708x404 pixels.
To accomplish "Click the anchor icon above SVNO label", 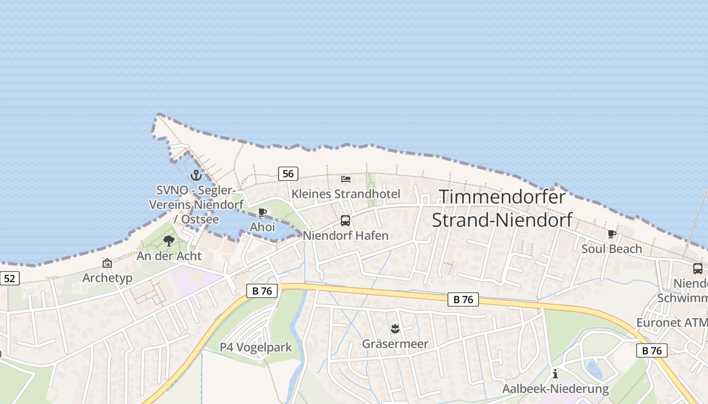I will click(196, 175).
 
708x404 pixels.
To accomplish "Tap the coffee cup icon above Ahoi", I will click(262, 212).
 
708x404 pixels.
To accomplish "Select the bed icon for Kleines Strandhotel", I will click(346, 179).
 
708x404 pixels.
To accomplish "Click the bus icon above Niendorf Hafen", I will click(345, 221).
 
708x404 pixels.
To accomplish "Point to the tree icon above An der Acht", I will click(169, 240).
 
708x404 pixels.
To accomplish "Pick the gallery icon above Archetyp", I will click(107, 263).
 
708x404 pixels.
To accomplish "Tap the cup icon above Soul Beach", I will click(611, 234).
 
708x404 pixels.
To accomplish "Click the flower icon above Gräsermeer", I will click(395, 329).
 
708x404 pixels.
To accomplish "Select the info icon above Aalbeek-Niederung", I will click(555, 374).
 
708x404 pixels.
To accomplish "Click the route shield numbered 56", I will click(288, 174).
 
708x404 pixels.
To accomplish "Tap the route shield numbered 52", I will click(9, 278).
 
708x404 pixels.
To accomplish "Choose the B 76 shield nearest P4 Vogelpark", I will click(262, 290).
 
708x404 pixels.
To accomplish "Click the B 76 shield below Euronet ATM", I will click(652, 350).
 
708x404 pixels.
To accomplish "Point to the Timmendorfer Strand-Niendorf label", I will click(502, 208).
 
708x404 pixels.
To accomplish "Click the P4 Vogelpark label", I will click(256, 347).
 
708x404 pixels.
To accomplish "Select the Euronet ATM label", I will click(672, 323).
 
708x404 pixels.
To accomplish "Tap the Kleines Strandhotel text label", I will click(346, 194).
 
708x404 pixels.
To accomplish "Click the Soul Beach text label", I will click(611, 249).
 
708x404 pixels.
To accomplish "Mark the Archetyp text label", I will click(107, 278).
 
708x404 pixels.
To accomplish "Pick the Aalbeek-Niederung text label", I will click(555, 389).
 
